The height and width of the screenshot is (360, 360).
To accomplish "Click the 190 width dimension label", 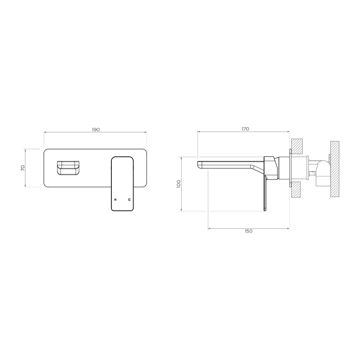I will point(96,130).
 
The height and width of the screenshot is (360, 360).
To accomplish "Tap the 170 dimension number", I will point(245,129).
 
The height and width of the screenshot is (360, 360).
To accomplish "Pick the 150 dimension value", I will point(248,231).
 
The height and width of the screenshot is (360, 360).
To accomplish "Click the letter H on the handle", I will point(115,200).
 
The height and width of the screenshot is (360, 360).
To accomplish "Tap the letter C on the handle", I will point(129,200).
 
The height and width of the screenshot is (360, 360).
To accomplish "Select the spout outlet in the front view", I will point(68,167).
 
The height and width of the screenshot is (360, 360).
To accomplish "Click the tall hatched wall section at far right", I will point(335,169).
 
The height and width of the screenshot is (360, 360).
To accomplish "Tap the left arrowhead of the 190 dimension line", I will point(45,132).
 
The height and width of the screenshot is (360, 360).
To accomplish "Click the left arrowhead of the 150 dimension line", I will point(209,229).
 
